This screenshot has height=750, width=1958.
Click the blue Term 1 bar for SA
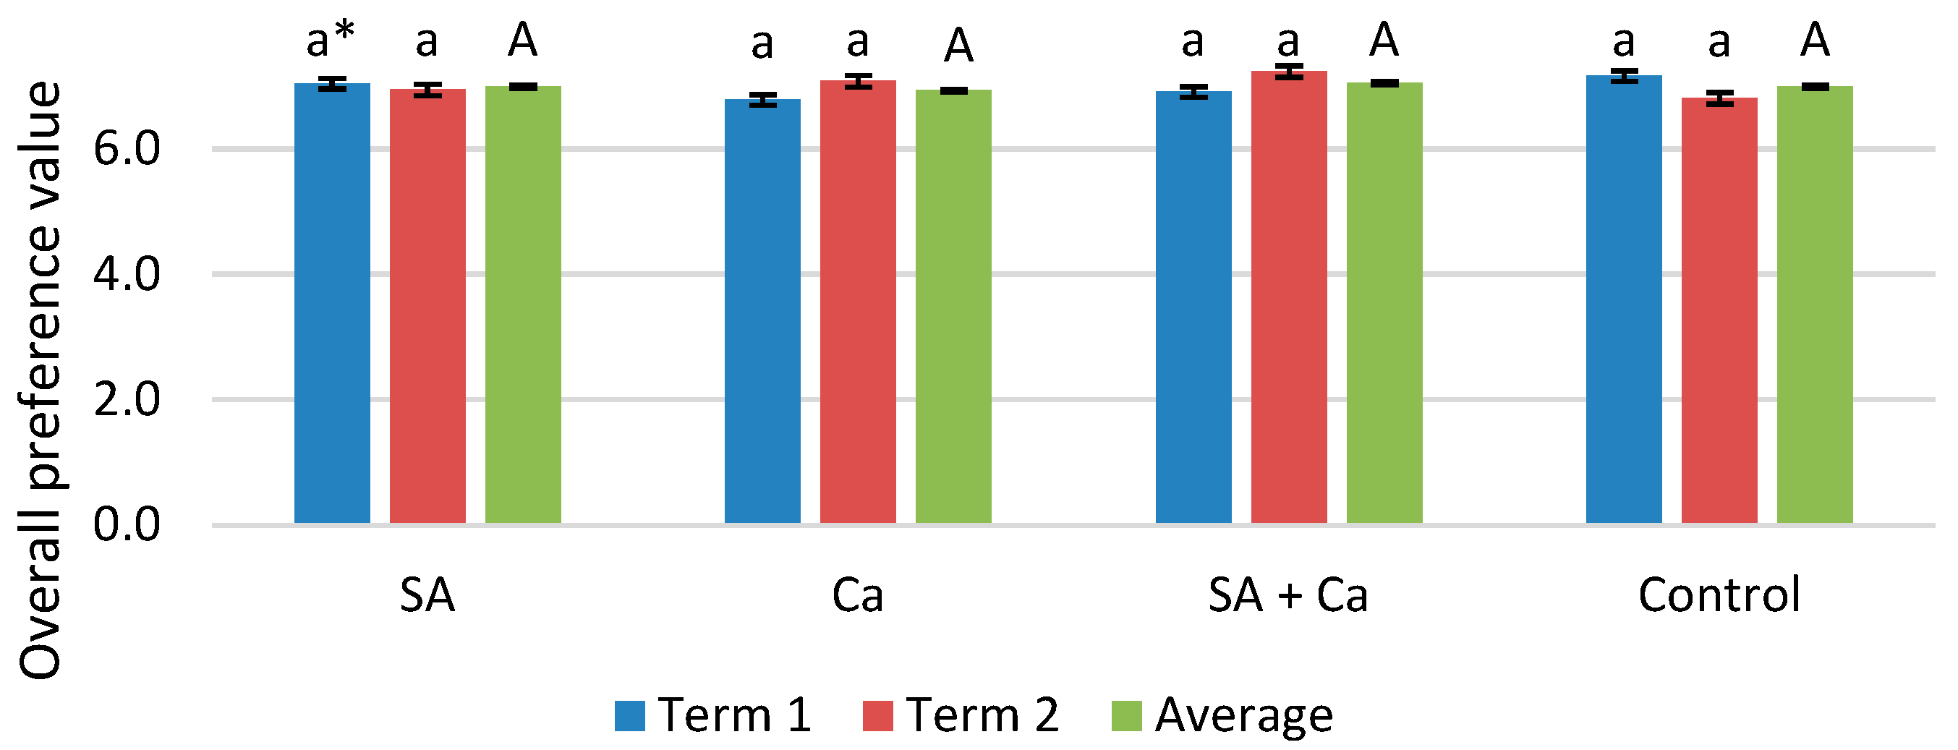coord(332,304)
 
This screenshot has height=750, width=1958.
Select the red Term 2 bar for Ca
coord(857,304)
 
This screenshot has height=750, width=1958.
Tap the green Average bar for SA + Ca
coord(1384,304)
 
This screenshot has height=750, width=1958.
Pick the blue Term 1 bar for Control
coord(1624,304)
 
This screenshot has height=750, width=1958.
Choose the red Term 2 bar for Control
coord(1719,312)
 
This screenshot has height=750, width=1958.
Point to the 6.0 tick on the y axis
coord(126,149)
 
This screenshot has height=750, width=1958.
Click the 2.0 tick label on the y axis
coord(126,400)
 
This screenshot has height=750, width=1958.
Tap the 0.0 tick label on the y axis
coord(126,525)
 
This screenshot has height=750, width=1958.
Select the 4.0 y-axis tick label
coord(126,274)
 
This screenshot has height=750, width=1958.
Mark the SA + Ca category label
coord(1287,596)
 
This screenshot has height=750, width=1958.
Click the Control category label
coord(1719,596)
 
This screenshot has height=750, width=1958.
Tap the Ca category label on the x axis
coord(857,596)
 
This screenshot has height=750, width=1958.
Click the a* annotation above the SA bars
coord(330,41)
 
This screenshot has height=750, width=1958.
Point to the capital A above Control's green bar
coord(1814,41)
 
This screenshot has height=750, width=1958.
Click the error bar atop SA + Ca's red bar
coord(1289,72)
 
